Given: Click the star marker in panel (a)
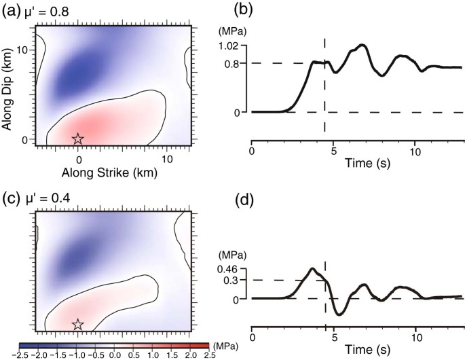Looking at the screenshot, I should pos(77,139).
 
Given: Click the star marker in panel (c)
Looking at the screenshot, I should pos(77,324).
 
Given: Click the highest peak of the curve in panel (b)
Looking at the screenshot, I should pos(364,45).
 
